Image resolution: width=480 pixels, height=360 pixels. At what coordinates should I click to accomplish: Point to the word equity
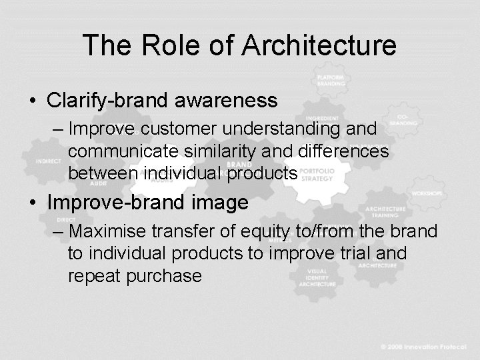tap(261, 231)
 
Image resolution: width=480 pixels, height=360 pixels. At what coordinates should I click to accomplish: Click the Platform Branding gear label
tap(331, 81)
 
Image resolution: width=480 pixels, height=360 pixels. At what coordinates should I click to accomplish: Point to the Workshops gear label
tap(427, 193)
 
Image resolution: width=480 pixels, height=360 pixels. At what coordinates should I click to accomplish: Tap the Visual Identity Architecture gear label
tap(317, 277)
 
